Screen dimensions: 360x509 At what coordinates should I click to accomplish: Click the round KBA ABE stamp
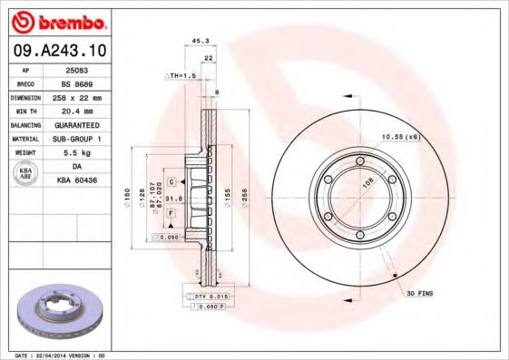click(x=26, y=172)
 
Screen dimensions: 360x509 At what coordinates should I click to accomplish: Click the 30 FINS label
click(x=421, y=292)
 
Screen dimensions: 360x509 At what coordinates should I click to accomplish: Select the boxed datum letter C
click(x=170, y=181)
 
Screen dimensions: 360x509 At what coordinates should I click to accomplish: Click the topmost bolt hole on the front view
click(x=360, y=162)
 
